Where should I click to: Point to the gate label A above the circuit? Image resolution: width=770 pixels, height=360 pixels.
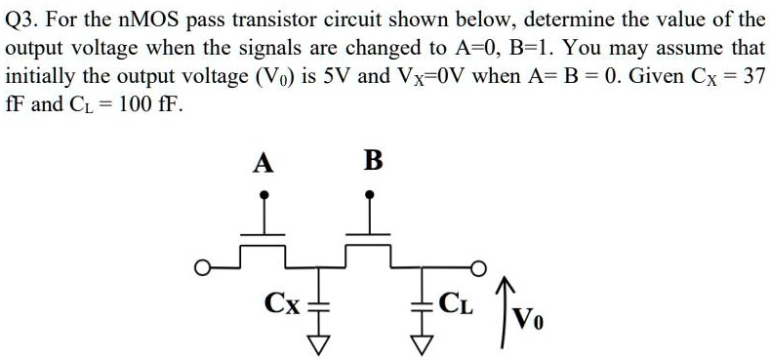point(262,162)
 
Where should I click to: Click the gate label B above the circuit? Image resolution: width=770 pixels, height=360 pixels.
point(372,161)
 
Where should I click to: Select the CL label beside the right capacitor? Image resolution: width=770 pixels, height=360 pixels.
point(455,302)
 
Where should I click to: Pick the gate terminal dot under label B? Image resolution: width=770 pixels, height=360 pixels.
point(371,195)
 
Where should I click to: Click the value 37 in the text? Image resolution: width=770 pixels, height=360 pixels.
point(751,75)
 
